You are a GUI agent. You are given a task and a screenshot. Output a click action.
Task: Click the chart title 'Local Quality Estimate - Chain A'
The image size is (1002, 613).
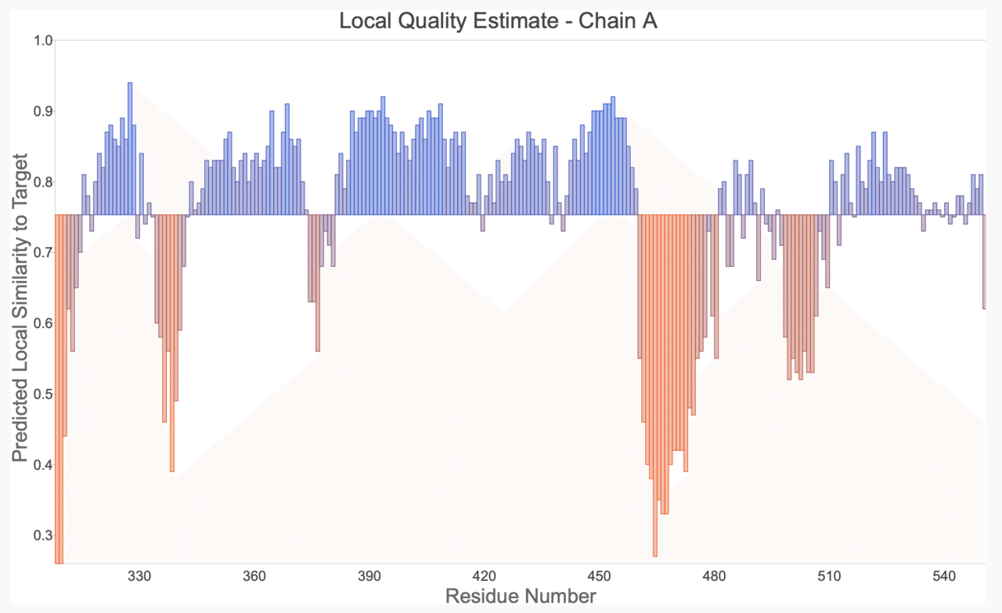tap(498, 21)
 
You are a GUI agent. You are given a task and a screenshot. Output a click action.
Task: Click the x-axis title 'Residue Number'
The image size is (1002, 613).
tap(521, 597)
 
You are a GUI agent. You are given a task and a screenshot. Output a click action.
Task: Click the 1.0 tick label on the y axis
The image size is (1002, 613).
tap(43, 41)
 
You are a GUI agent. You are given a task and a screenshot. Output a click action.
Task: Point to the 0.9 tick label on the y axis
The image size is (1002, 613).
tap(43, 111)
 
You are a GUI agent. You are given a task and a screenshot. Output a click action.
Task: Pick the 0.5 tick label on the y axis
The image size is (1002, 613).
tap(43, 394)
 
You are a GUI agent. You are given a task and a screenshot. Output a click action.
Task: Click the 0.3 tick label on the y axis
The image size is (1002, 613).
tap(43, 535)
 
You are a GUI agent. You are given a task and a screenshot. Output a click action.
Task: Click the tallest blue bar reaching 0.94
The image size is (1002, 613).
tap(130, 149)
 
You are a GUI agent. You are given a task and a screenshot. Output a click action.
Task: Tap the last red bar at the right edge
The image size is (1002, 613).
tap(983, 261)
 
